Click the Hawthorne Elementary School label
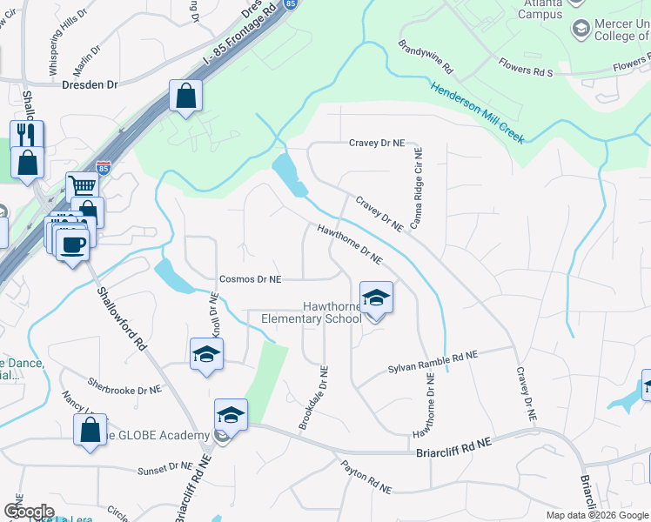pos(312,312)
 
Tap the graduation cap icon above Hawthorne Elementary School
pos(376,298)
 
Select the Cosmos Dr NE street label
pos(251,279)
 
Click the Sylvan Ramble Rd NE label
pos(433,362)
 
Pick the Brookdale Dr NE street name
pos(313,397)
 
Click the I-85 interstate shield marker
pos(104,165)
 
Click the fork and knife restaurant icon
pos(27,136)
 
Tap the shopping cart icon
pos(82,186)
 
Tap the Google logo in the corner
pos(30,512)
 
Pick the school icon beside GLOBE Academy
pos(231,415)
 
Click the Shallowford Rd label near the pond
pos(123,318)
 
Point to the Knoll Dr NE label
pos(213,314)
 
